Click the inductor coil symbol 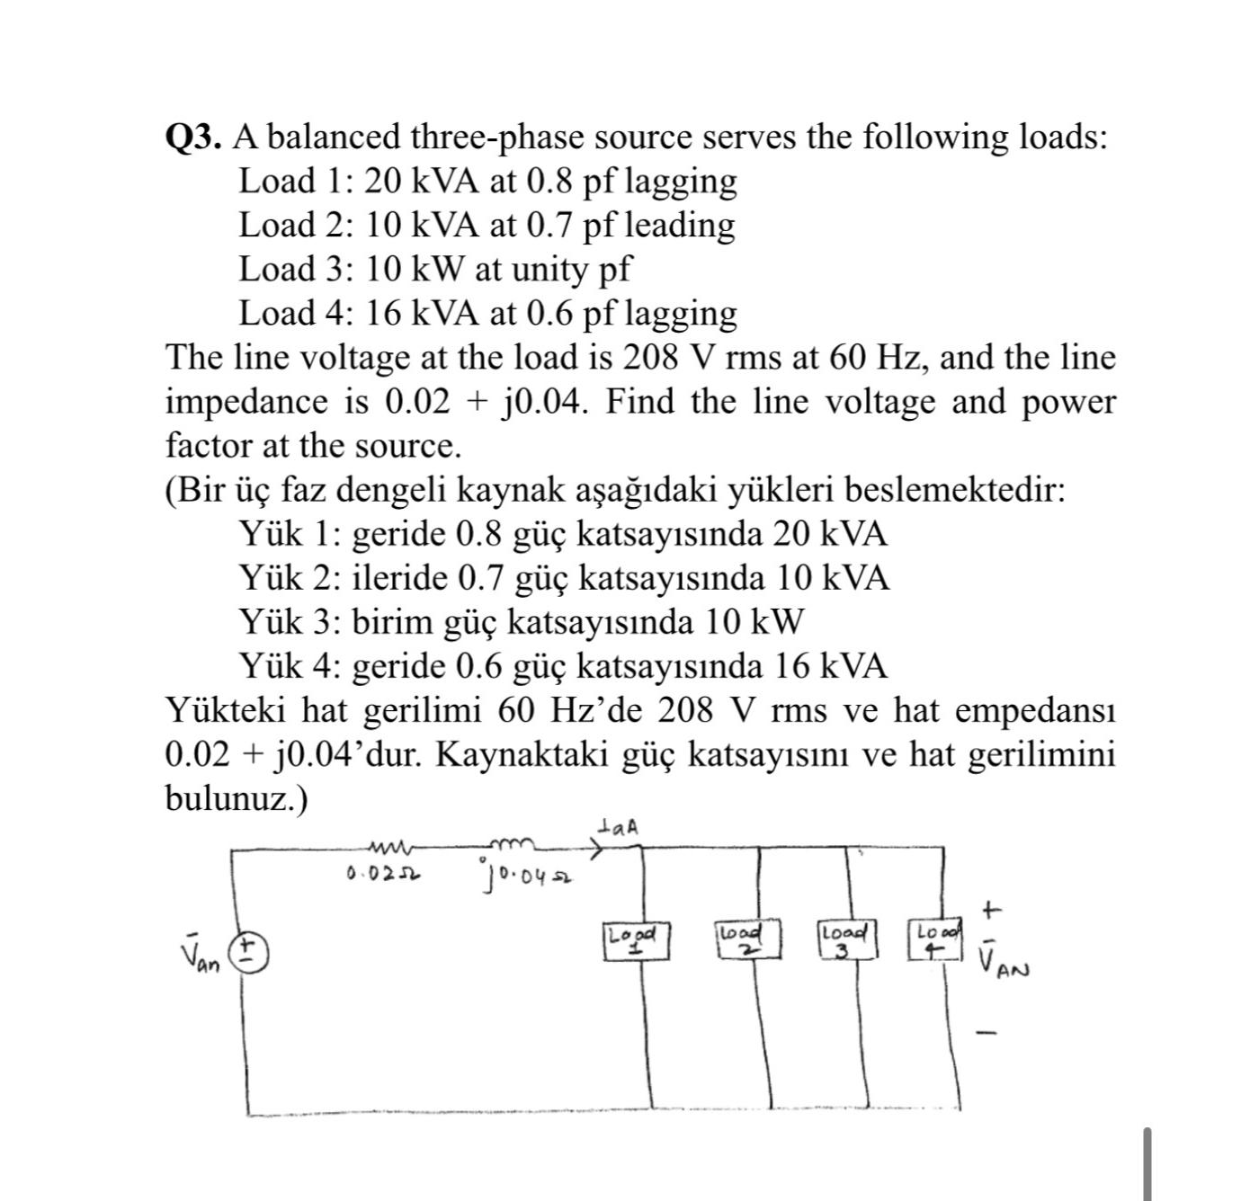(512, 843)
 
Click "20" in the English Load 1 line (383, 182)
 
